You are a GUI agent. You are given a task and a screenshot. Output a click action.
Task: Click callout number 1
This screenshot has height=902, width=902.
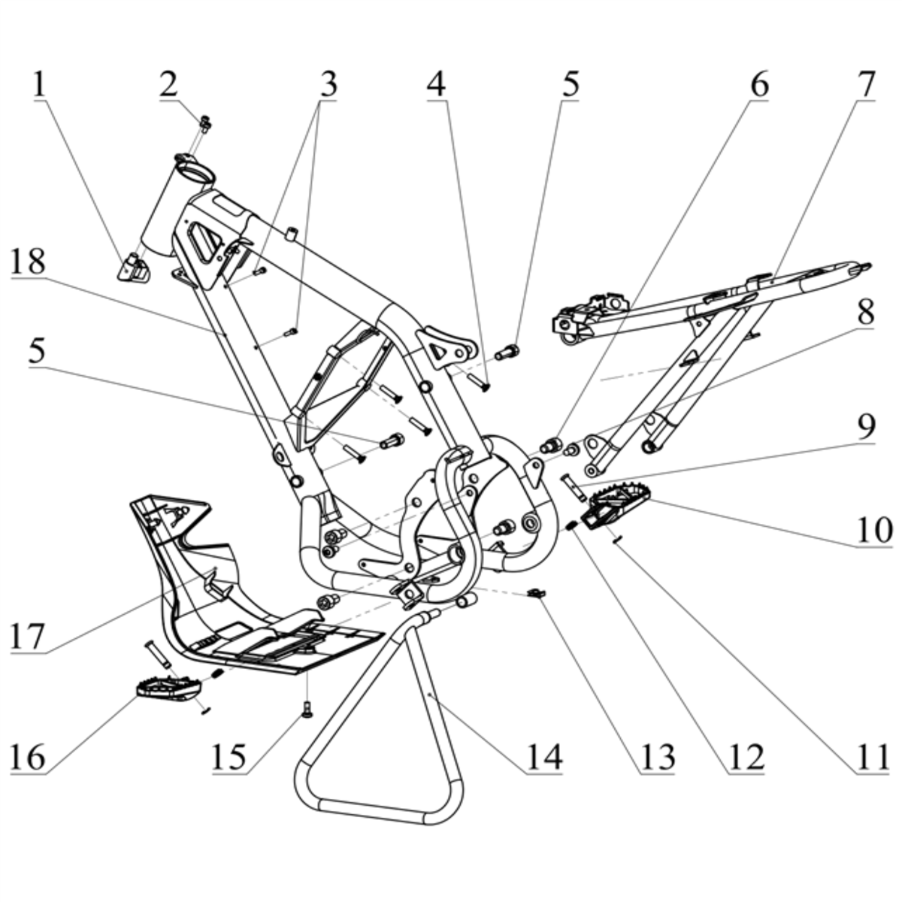pyautogui.click(x=41, y=85)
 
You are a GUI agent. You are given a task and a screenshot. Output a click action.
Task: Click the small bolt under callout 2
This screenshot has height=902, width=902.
pyautogui.click(x=205, y=124)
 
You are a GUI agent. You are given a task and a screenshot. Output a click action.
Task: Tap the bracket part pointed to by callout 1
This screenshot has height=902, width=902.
pyautogui.click(x=133, y=268)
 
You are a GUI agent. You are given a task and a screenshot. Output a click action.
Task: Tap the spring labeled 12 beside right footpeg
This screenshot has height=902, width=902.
pyautogui.click(x=571, y=525)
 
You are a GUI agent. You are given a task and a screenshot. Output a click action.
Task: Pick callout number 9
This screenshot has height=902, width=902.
pyautogui.click(x=867, y=426)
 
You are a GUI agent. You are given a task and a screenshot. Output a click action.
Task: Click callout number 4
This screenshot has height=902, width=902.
pyautogui.click(x=436, y=85)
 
